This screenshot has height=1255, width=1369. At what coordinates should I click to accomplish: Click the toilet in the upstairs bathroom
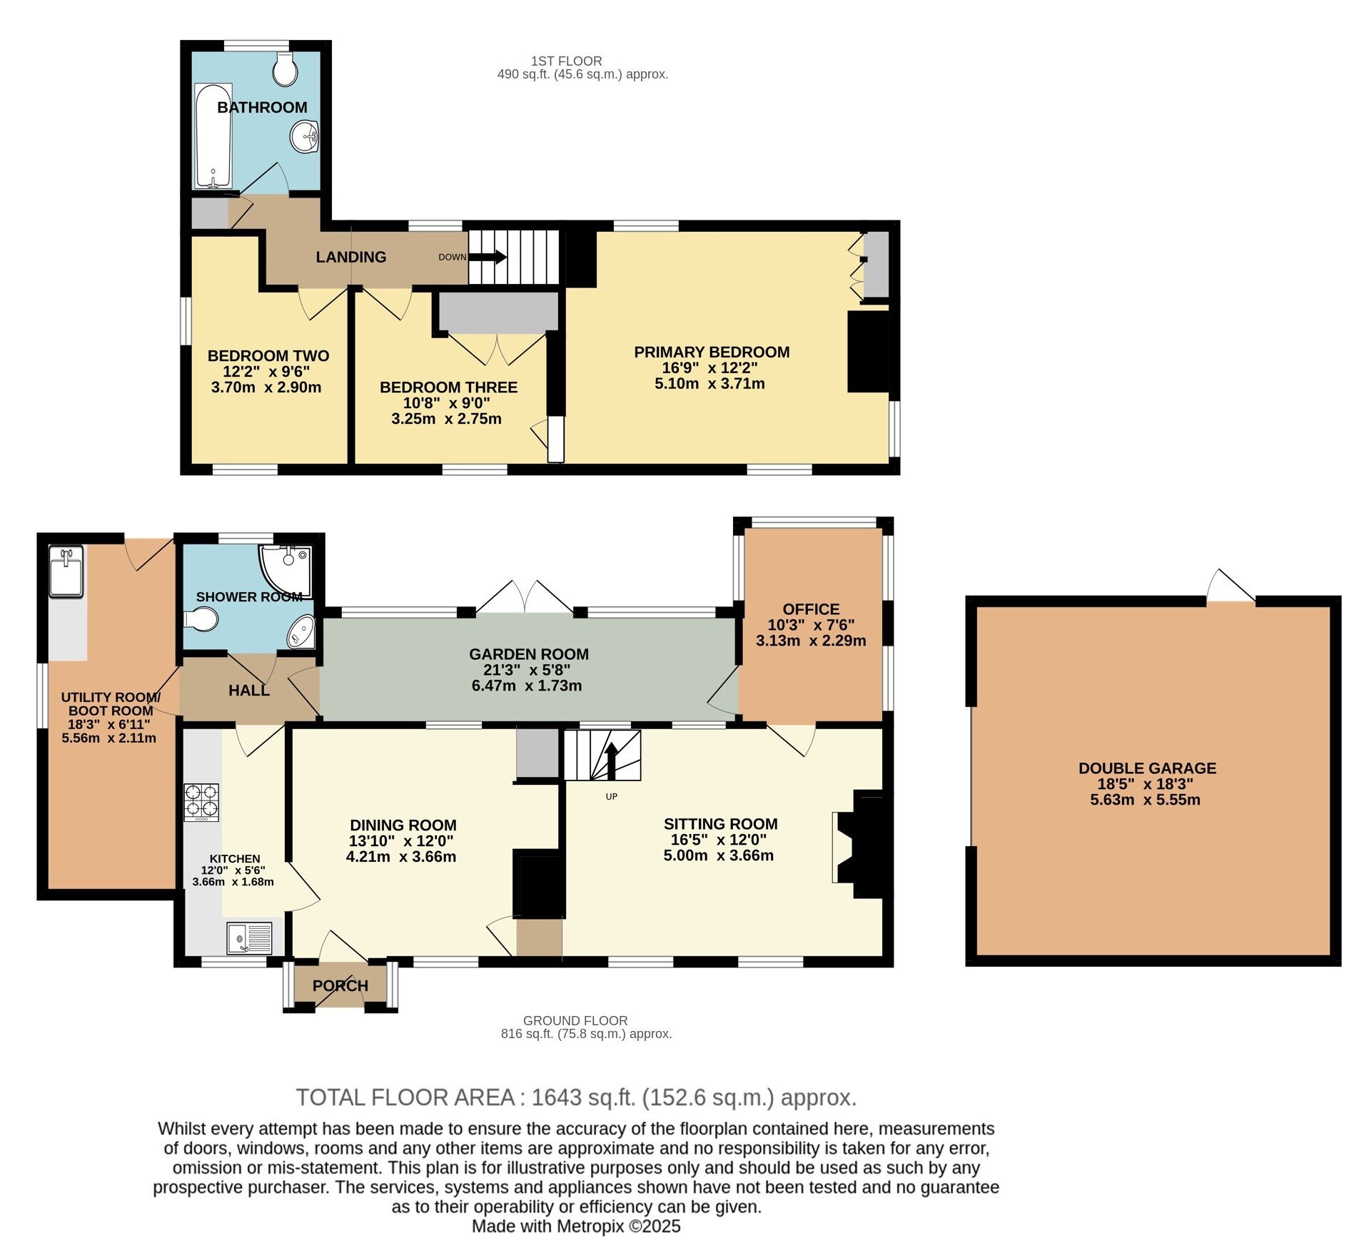pos(286,68)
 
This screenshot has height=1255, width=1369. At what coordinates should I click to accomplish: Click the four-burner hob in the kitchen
pos(201,802)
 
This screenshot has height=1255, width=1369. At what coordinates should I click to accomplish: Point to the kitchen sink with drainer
pos(250,938)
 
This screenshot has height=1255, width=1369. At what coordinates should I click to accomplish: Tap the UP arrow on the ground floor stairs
pos(611,761)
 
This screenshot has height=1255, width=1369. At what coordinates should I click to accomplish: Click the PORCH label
pos(340,985)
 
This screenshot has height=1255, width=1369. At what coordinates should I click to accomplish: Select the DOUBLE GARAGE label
pos(1147,768)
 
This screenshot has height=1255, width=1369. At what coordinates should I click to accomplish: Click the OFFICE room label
pos(811,609)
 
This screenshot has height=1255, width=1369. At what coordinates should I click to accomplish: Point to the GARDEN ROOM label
pos(528,654)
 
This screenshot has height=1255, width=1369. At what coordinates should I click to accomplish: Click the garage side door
pos(1230,588)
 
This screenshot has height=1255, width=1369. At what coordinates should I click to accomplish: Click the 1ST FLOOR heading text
pos(566,61)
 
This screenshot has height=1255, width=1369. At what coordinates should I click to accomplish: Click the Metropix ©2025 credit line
pos(575,1226)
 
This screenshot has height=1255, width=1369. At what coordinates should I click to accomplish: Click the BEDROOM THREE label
pos(448,387)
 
